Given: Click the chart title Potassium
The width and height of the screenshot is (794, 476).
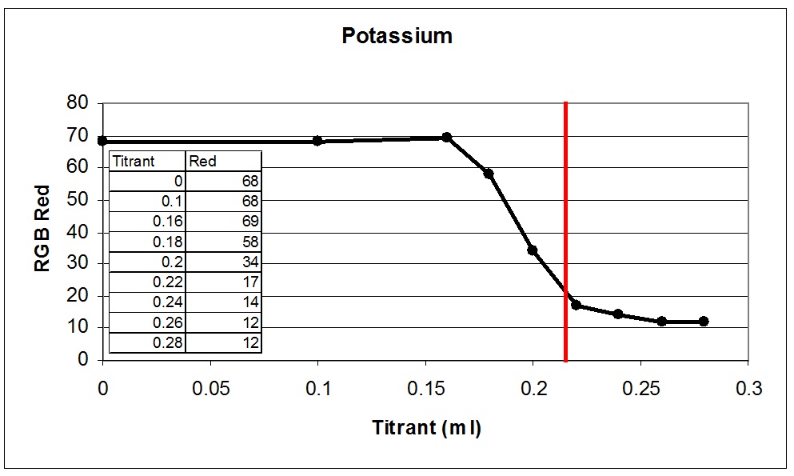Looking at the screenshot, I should point(397,36).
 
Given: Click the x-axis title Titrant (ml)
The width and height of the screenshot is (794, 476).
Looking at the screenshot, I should point(426,428).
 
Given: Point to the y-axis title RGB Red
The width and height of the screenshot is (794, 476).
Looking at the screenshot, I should point(42,229).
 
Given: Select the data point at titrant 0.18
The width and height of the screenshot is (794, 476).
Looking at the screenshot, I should point(489,174).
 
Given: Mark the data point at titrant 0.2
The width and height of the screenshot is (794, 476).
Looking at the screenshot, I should point(533,250).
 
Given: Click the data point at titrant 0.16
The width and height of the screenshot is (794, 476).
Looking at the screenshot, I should point(447,138).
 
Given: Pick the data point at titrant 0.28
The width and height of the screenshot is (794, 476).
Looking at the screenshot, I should point(704,322).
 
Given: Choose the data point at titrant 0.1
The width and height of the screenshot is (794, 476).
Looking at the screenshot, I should point(317,141).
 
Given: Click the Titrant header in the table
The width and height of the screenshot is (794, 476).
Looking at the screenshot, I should point(134,161).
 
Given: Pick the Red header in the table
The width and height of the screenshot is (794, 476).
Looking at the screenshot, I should point(203,161).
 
